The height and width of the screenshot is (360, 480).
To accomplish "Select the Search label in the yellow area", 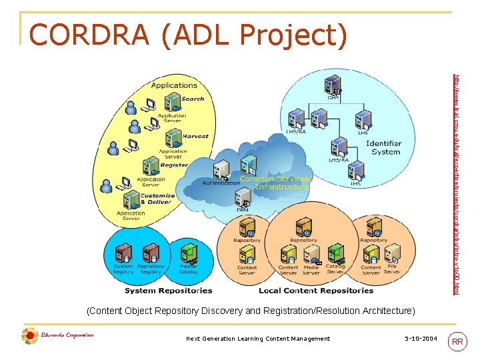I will point(193,99).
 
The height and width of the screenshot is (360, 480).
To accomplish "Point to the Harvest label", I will point(195,136).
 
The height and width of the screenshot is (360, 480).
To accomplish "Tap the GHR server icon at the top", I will point(331,85).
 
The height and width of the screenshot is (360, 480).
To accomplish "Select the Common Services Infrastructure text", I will point(274,183).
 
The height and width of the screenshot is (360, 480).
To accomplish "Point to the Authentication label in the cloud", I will point(220,183).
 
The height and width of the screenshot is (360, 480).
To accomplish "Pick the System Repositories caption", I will point(168,290).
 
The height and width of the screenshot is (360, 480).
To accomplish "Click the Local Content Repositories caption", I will point(316,290).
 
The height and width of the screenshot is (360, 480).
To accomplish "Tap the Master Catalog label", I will point(188,269).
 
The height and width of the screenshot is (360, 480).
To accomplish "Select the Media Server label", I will point(311,269).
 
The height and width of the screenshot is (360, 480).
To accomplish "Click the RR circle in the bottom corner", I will point(457,342).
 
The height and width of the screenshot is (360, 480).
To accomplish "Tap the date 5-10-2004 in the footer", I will point(421,339).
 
